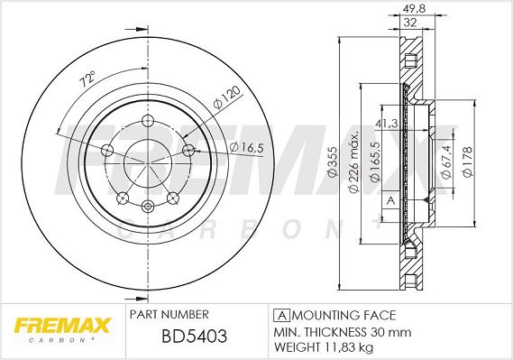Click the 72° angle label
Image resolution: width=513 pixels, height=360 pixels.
88,78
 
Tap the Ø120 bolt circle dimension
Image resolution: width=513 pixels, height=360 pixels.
226,97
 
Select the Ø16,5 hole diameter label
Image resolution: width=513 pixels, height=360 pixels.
246,148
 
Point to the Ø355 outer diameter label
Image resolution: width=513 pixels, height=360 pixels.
333,162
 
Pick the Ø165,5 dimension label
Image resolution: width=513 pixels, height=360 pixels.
375,162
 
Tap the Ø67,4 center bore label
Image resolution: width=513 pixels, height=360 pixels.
446,162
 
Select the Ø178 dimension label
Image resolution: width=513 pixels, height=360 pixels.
468,162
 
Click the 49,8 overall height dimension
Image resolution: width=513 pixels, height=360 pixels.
414,9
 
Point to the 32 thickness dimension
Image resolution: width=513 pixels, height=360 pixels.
410,23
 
